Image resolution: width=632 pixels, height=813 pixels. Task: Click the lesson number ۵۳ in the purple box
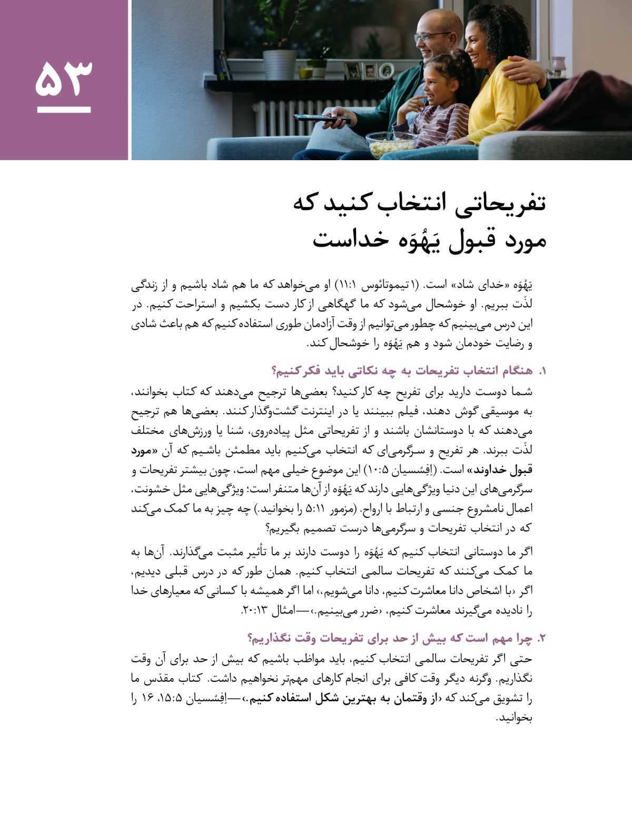64,78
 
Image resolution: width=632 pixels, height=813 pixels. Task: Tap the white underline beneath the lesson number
64,110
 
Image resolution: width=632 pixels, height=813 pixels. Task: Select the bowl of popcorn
391,144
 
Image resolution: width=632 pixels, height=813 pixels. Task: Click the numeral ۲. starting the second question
542,639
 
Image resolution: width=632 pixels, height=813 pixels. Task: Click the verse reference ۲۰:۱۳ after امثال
254,611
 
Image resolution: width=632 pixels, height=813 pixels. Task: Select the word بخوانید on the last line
515,718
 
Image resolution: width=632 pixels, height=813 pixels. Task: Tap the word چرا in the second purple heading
523,639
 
